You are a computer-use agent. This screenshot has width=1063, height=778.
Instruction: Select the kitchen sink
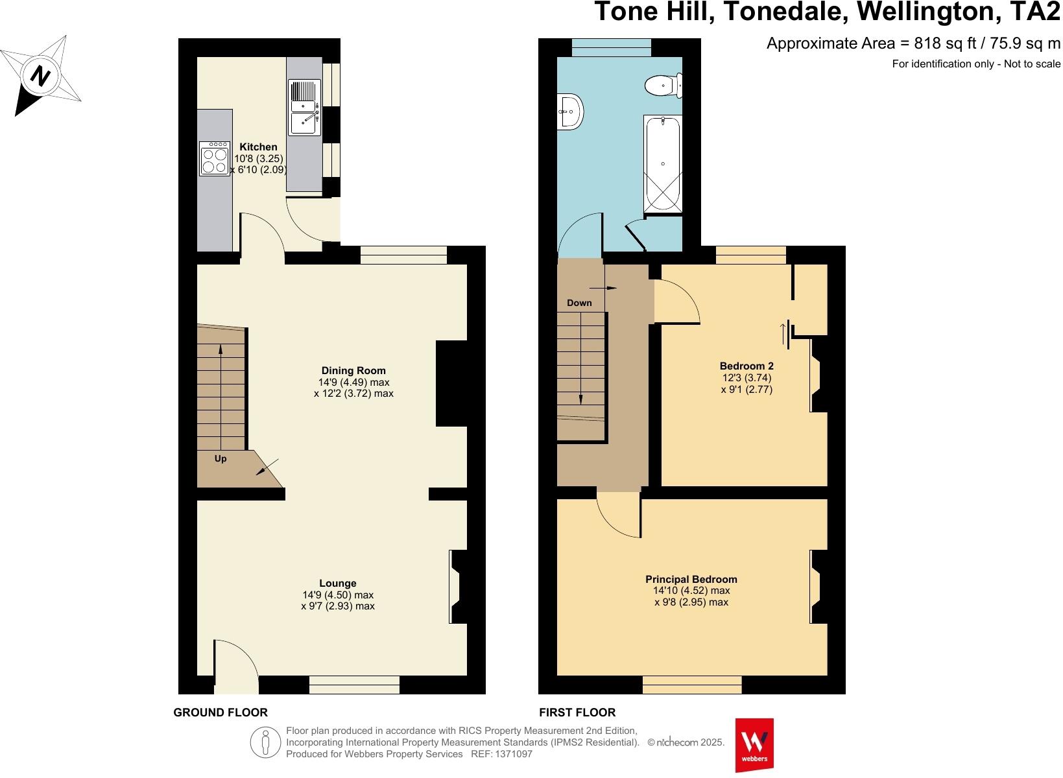point(304,107)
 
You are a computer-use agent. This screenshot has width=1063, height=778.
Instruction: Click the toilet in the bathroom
point(663,84)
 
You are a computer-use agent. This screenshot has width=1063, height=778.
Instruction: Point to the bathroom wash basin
point(570,111)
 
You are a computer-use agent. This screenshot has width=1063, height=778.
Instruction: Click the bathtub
point(663,165)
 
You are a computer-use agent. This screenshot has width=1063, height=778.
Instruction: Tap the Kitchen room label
point(258,147)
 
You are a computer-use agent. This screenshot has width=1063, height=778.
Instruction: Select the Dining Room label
point(353,371)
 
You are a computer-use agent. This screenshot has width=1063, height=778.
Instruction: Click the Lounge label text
point(337,583)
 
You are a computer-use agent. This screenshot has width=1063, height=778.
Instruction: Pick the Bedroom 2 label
point(746,366)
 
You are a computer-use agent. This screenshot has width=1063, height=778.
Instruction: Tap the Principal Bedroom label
point(691,580)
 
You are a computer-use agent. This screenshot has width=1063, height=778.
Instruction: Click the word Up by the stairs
point(221,458)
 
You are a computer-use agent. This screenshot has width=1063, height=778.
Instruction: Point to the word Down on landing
point(579,303)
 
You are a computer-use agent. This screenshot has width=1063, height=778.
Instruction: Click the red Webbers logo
point(754,744)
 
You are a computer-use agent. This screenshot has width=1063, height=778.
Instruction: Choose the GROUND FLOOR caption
point(220,713)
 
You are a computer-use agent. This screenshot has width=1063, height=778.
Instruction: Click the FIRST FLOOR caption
point(577,713)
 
